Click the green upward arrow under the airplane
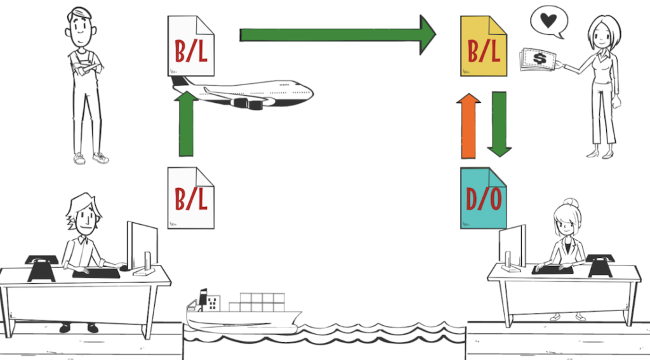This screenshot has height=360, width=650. coord(186,123)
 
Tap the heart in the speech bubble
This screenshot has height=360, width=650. coord(548,21)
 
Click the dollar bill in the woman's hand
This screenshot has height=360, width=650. coord(540,60)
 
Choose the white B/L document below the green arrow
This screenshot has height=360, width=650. coord(191,197)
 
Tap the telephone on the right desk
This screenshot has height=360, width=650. coord(599,265)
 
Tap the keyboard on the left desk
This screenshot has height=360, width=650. coord(96,273)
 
